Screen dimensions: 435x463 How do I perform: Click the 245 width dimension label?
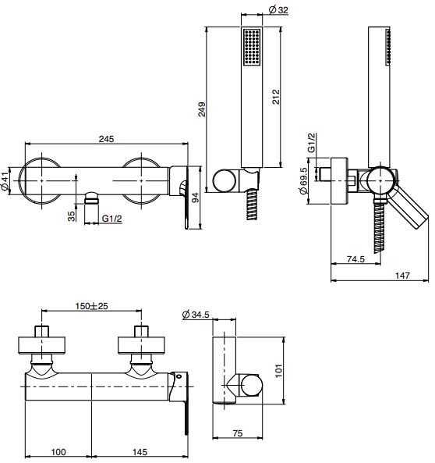[106, 139]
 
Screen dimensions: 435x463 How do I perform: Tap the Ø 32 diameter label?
[278, 10]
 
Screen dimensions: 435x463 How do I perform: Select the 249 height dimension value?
[202, 109]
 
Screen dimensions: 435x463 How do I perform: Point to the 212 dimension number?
[275, 97]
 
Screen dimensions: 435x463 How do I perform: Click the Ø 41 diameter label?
[5, 180]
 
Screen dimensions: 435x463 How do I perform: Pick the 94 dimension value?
[195, 198]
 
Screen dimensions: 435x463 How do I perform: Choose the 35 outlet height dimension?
[72, 216]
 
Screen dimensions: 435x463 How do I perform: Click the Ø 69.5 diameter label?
[303, 180]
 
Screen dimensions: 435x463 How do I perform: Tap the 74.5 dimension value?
[355, 259]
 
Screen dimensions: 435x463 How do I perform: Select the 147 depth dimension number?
[402, 276]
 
